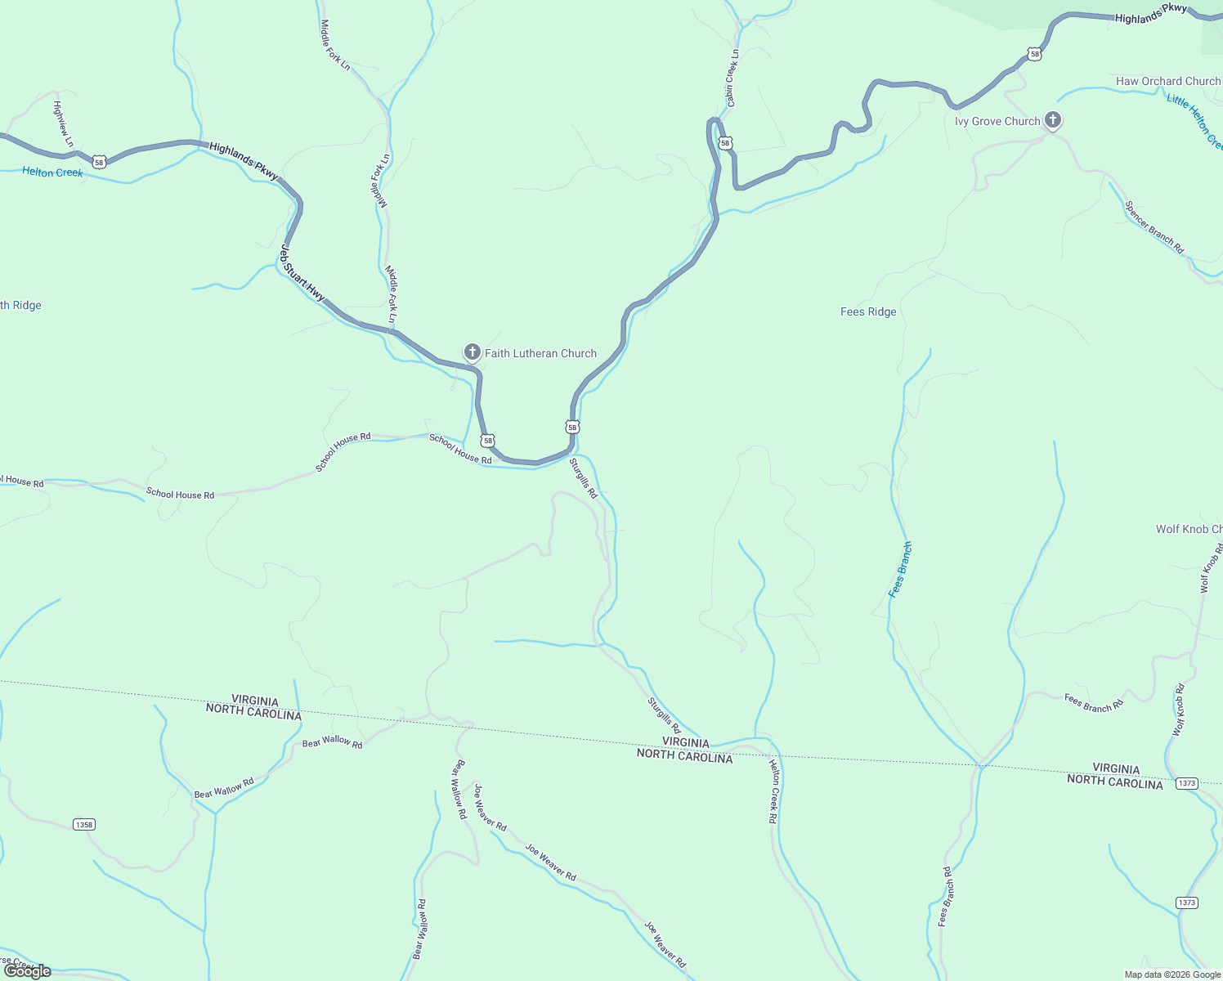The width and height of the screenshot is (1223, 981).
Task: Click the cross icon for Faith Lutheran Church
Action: point(472,352)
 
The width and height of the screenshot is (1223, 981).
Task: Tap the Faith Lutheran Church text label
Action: point(540,353)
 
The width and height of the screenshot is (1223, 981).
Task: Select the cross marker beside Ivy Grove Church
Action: point(1053,121)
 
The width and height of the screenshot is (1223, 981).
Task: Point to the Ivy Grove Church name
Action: point(997,121)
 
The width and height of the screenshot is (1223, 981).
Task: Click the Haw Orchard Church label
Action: point(1167,81)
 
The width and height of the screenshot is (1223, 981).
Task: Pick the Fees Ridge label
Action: point(868,311)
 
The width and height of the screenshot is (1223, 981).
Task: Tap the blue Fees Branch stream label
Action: point(900,569)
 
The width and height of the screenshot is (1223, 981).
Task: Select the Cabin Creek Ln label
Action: point(732,78)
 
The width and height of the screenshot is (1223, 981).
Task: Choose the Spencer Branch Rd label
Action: point(1154,227)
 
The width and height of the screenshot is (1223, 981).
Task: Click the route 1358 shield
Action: point(83,824)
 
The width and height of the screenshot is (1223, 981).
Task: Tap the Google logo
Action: point(27,971)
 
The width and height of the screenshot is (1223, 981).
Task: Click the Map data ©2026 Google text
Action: point(1172,974)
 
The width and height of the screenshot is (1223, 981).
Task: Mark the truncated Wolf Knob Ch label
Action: point(1189,529)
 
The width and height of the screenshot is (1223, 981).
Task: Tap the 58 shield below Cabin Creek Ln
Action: point(725,143)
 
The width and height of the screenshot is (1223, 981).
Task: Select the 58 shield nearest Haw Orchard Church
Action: point(1035,54)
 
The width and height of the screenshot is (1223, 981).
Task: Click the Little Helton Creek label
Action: point(1195,121)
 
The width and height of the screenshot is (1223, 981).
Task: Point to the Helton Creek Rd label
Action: point(773,791)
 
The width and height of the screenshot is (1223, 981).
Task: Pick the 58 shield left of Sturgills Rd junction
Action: point(488,441)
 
